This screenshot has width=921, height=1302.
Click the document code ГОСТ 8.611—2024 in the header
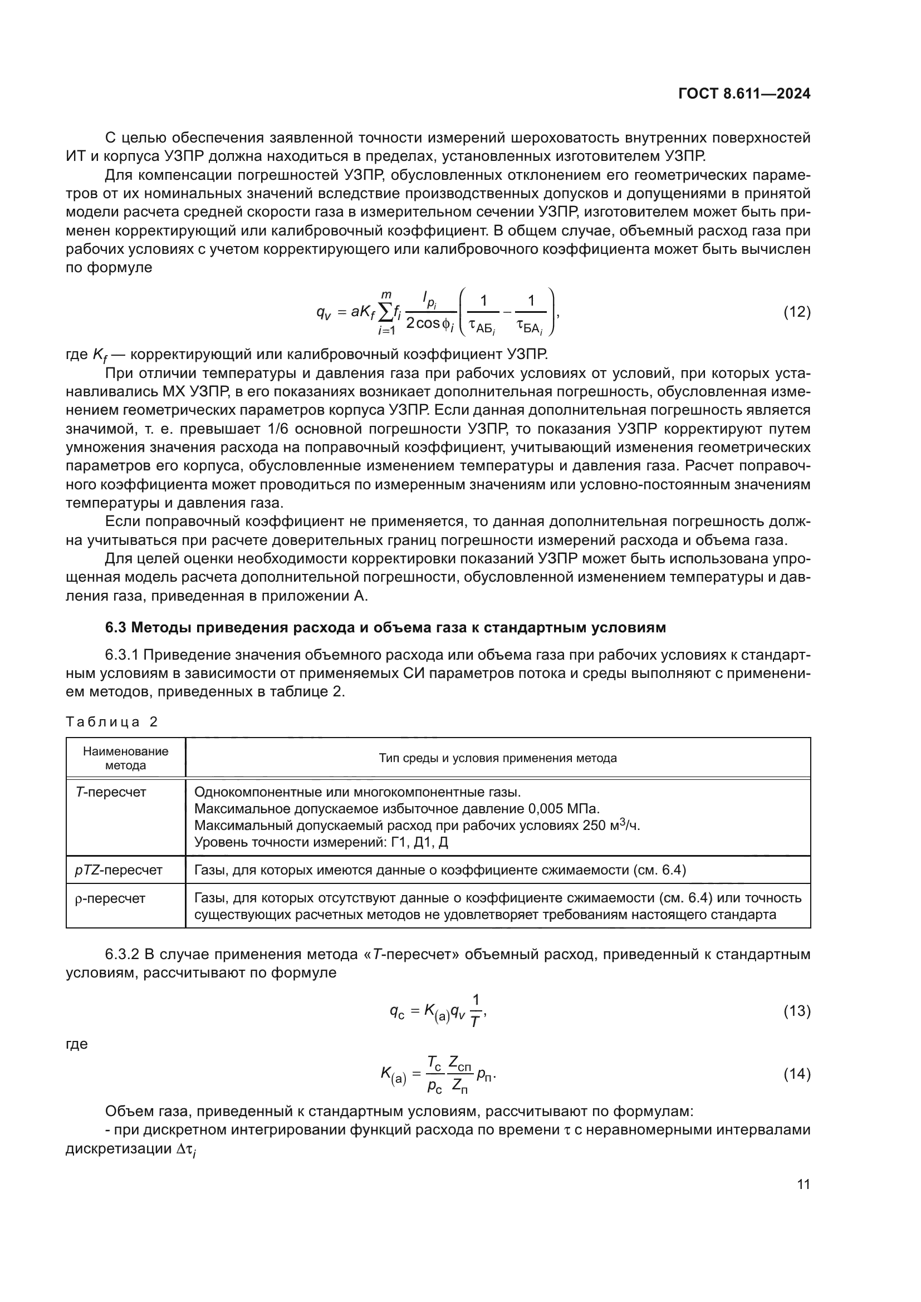point(744,94)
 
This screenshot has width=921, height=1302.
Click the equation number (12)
point(796,312)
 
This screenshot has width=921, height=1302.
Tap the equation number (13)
point(796,1011)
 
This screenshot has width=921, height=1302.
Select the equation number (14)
point(796,1074)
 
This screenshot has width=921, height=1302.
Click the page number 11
point(803,1185)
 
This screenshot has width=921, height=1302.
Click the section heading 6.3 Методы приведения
point(386,628)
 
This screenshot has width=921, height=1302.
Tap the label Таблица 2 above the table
point(112,722)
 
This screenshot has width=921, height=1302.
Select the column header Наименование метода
point(125,758)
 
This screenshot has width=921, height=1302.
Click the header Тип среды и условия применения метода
point(497,758)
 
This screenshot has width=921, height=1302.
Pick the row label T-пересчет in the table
point(111,792)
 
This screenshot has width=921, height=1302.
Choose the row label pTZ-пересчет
point(119,870)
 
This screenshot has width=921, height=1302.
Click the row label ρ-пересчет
point(110,898)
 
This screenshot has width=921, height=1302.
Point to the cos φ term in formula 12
point(431,323)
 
